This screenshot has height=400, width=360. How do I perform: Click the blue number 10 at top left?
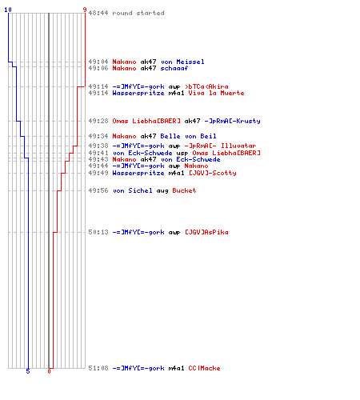click(x=8, y=10)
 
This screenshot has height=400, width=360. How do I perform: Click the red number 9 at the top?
click(x=85, y=10)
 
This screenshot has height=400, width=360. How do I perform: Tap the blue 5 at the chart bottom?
click(x=28, y=371)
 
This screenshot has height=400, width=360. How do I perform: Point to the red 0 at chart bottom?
click(x=49, y=371)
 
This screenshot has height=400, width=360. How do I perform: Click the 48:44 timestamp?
click(x=98, y=13)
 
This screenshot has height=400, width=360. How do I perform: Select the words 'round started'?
click(x=138, y=13)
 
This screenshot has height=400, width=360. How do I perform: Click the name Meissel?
click(x=190, y=62)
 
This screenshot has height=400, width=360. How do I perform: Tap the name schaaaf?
click(x=174, y=68)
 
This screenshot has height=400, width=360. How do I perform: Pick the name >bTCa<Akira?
click(x=206, y=86)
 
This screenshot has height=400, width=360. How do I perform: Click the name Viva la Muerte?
click(x=216, y=93)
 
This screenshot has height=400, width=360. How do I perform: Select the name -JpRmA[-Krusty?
click(x=232, y=121)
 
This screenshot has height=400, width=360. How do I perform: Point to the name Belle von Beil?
click(x=188, y=136)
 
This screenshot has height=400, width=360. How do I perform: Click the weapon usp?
click(x=182, y=154)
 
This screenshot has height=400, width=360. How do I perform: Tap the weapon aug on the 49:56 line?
click(x=162, y=191)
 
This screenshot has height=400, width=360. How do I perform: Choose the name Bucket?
click(x=184, y=190)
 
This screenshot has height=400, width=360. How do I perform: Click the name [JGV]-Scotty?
click(x=213, y=173)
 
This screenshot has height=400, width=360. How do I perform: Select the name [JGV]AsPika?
click(x=206, y=232)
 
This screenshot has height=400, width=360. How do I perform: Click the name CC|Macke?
click(x=204, y=368)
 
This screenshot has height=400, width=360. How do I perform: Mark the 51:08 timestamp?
click(x=98, y=368)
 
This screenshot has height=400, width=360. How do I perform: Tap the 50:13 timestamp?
click(x=98, y=232)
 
